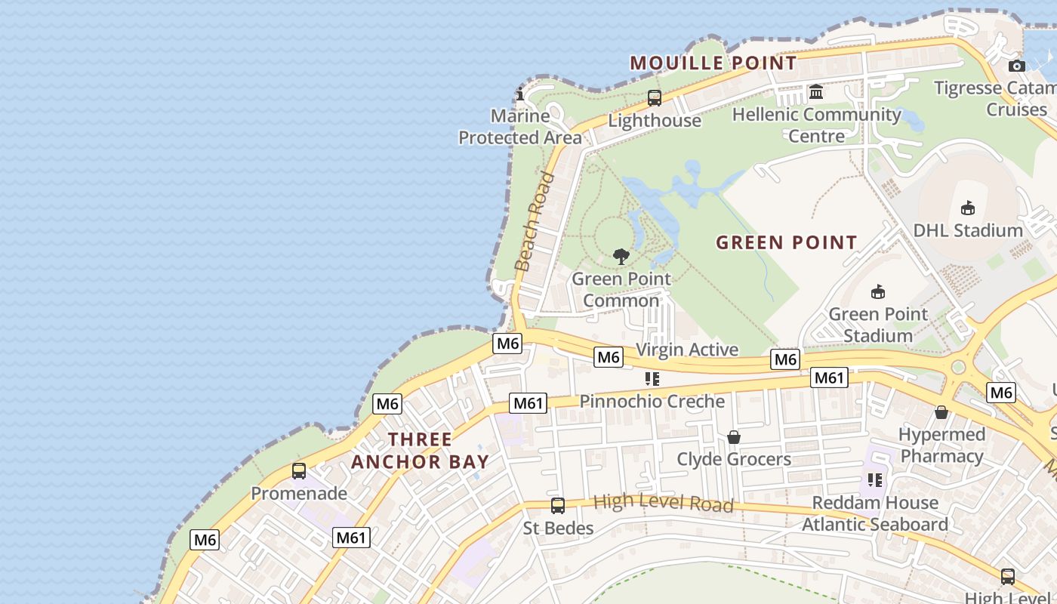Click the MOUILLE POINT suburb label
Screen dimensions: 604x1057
pyautogui.click(x=713, y=63)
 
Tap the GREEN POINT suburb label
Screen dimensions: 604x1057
pyautogui.click(x=786, y=242)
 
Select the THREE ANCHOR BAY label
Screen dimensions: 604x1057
pyautogui.click(x=420, y=450)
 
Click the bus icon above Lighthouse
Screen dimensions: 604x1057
pyautogui.click(x=655, y=98)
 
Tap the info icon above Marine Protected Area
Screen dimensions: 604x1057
pyautogui.click(x=519, y=94)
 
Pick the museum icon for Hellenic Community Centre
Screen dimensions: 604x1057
pyautogui.click(x=816, y=92)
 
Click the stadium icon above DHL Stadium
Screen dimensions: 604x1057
pyautogui.click(x=968, y=208)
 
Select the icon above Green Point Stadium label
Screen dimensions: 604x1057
pyautogui.click(x=878, y=291)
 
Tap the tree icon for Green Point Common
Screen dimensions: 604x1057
pyautogui.click(x=621, y=257)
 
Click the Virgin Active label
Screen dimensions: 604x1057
pyautogui.click(x=687, y=350)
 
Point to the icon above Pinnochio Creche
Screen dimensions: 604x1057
pyautogui.click(x=652, y=379)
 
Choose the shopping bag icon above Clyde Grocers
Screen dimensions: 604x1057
pyautogui.click(x=733, y=437)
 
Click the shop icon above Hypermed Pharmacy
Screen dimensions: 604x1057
pyautogui.click(x=941, y=412)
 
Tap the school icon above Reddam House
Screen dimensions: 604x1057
pyautogui.click(x=875, y=480)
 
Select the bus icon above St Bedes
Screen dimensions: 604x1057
pyautogui.click(x=558, y=506)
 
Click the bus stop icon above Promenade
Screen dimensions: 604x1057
pyautogui.click(x=299, y=471)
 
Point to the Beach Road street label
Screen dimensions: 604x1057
pyautogui.click(x=535, y=221)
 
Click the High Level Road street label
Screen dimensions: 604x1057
pyautogui.click(x=663, y=503)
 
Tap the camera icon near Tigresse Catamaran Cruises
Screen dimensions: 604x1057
pyautogui.click(x=1017, y=66)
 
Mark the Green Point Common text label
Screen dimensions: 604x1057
pyautogui.click(x=621, y=289)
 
